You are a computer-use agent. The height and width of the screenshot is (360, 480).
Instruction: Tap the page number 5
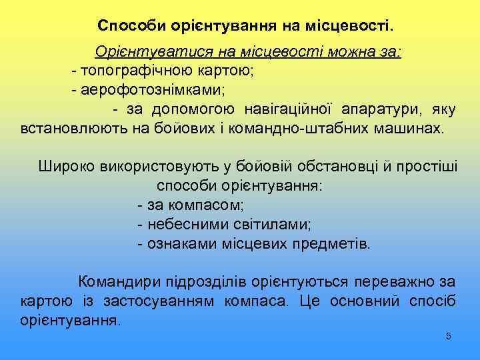tap(449, 336)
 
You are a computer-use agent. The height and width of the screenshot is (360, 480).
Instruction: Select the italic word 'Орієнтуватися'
tap(141, 53)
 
